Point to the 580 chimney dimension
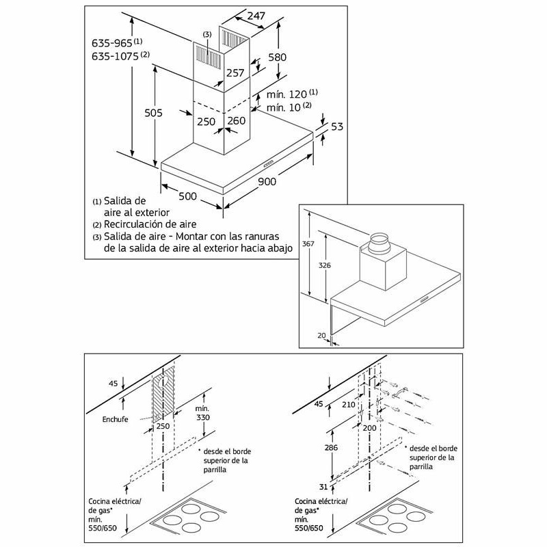tap(297, 59)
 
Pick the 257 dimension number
tap(235, 73)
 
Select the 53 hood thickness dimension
tap(336, 126)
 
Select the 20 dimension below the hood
tap(322, 335)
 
